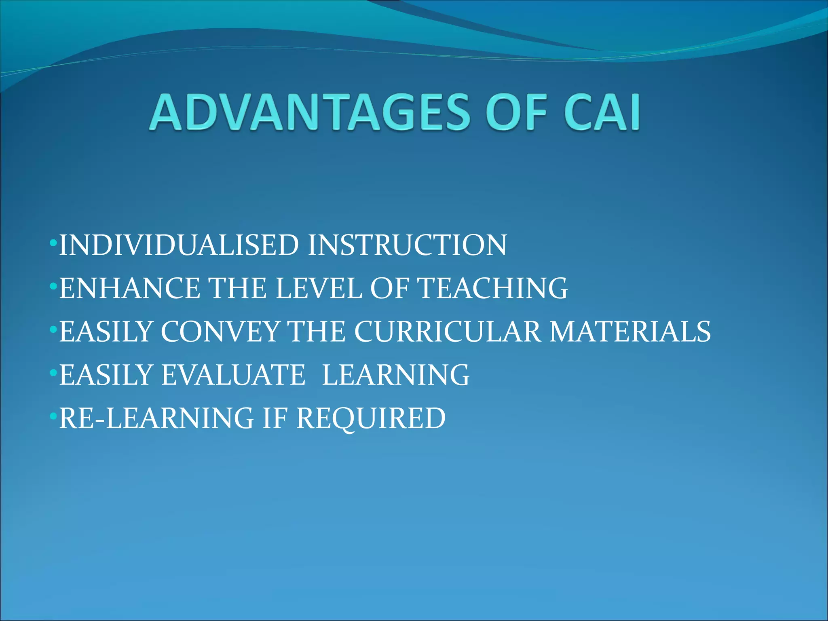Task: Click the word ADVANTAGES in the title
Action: tap(310, 112)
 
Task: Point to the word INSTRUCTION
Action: tap(407, 245)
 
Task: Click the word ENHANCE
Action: tap(129, 288)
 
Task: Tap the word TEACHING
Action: tap(492, 288)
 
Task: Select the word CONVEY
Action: tap(220, 332)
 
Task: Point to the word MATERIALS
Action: tap(630, 332)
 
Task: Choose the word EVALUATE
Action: tap(233, 375)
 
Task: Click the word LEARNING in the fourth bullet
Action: tap(395, 375)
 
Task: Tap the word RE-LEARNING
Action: tap(156, 418)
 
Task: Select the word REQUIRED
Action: tap(371, 418)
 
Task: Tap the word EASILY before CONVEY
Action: tap(106, 332)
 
